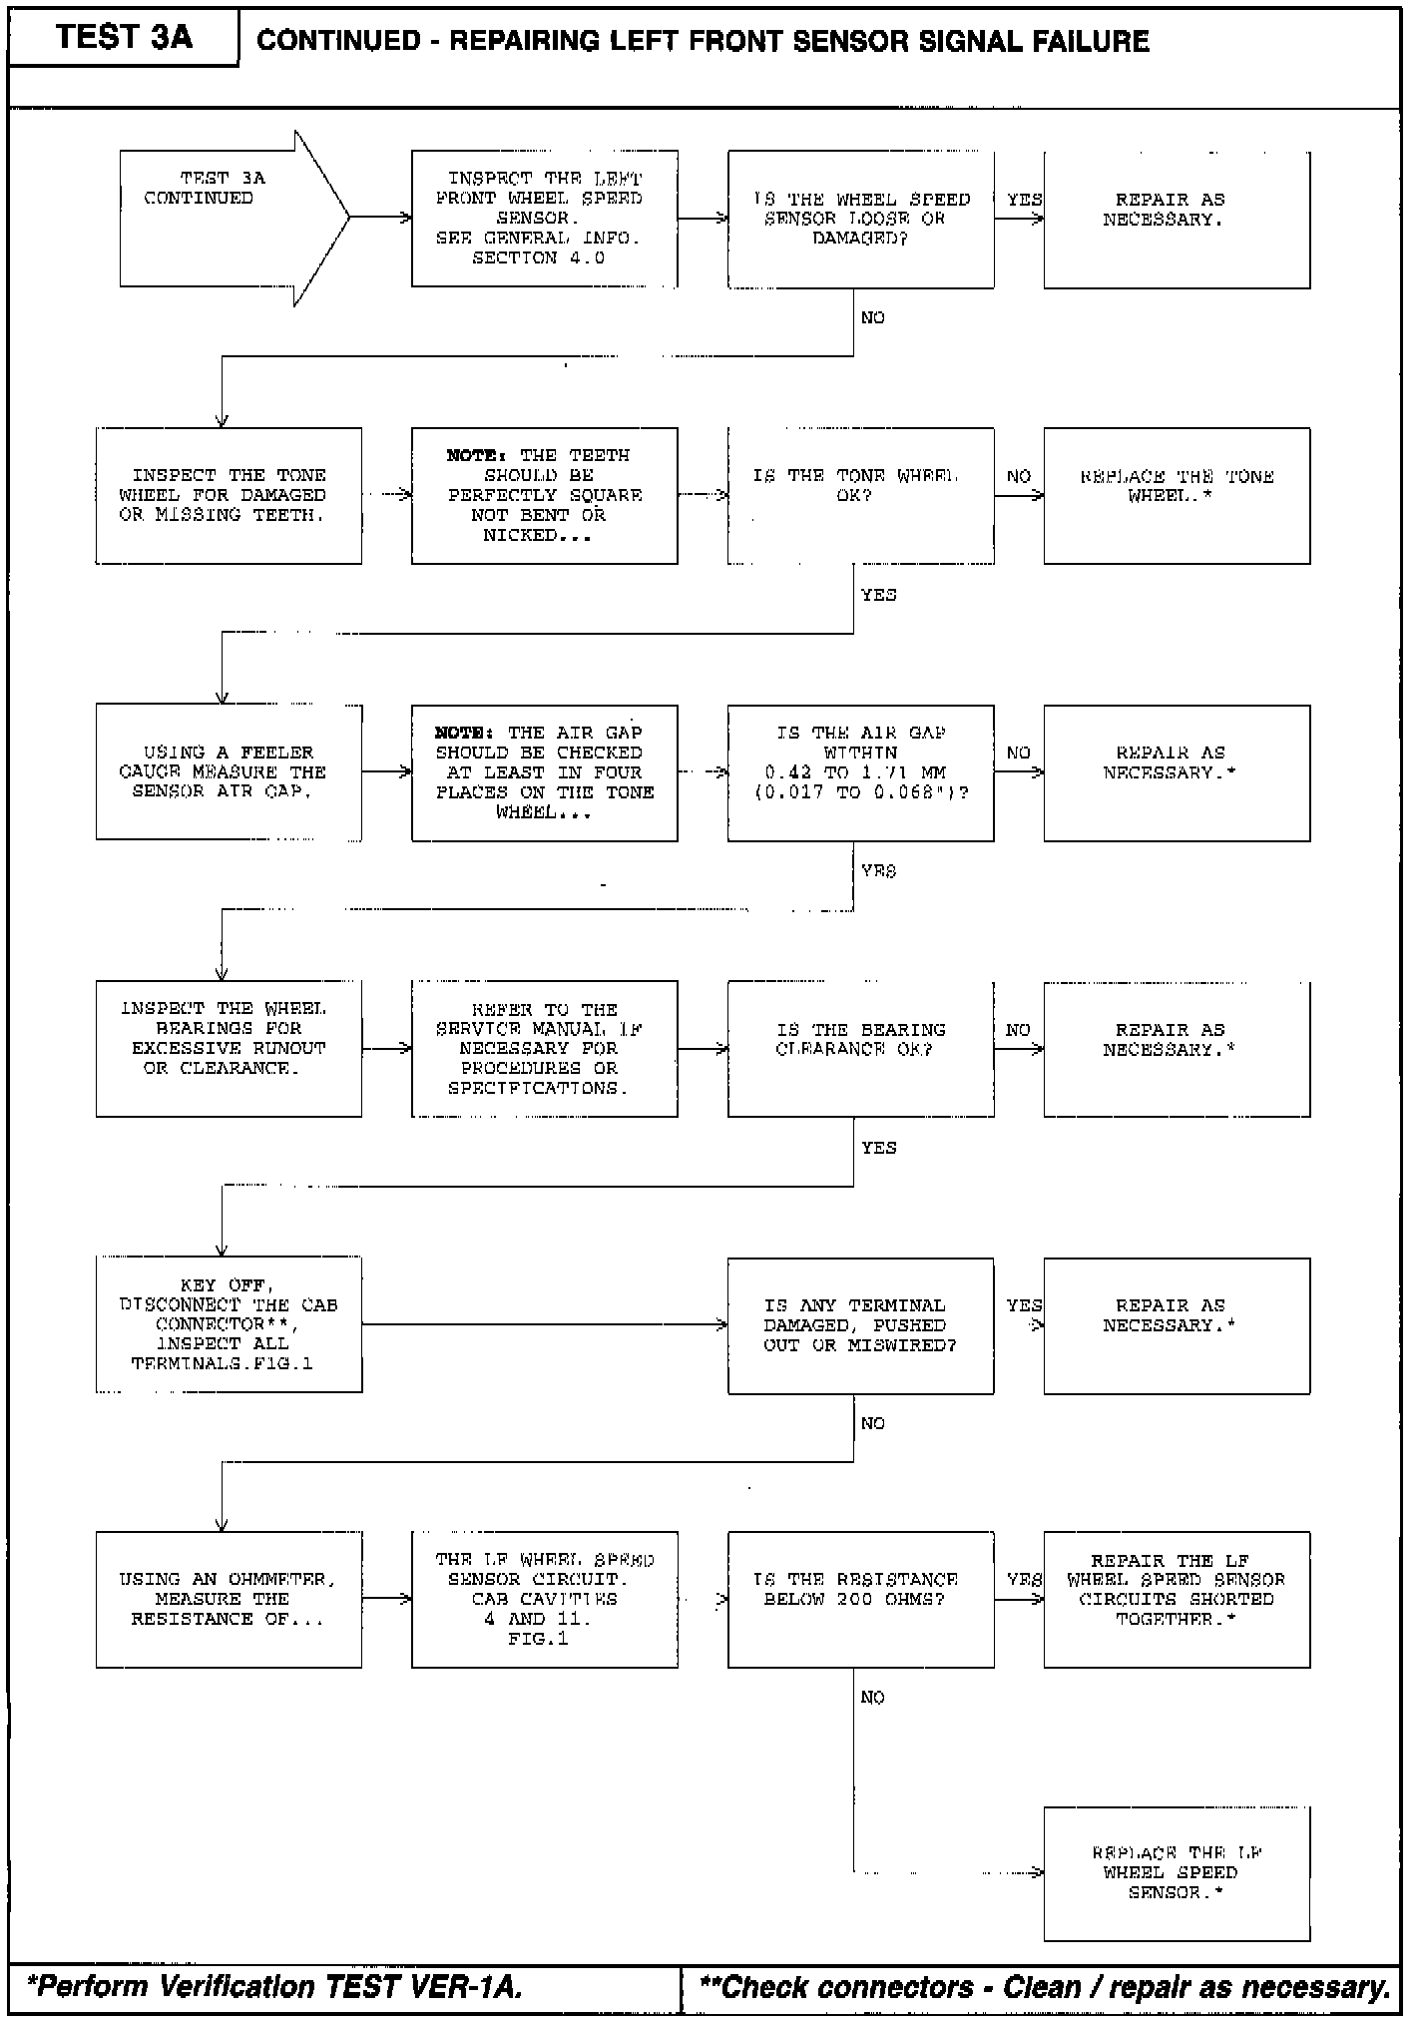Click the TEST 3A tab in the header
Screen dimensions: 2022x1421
click(124, 38)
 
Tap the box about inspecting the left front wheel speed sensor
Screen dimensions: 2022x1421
click(544, 219)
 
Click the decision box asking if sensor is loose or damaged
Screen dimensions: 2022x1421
click(860, 220)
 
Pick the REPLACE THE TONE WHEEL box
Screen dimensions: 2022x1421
click(1177, 496)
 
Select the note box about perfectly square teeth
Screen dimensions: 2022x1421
click(544, 496)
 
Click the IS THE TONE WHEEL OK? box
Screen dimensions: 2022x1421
click(860, 496)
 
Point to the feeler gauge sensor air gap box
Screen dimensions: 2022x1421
click(229, 772)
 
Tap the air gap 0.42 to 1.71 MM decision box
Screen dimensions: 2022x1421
click(860, 772)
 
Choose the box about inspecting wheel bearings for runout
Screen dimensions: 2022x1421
click(229, 1048)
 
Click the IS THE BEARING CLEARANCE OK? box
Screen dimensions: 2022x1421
click(860, 1048)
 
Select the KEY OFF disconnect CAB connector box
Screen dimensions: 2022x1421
click(229, 1324)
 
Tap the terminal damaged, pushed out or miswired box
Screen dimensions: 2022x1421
click(860, 1325)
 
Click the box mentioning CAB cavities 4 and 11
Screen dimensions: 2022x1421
click(544, 1600)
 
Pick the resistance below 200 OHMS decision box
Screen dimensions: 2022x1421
click(860, 1600)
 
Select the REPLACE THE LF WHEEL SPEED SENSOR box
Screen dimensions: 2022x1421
click(1177, 1873)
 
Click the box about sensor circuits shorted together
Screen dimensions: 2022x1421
click(1177, 1600)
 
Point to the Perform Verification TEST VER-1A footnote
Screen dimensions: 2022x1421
click(275, 1987)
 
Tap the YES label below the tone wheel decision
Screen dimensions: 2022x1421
click(878, 595)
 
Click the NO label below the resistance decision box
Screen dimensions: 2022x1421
click(872, 1698)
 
